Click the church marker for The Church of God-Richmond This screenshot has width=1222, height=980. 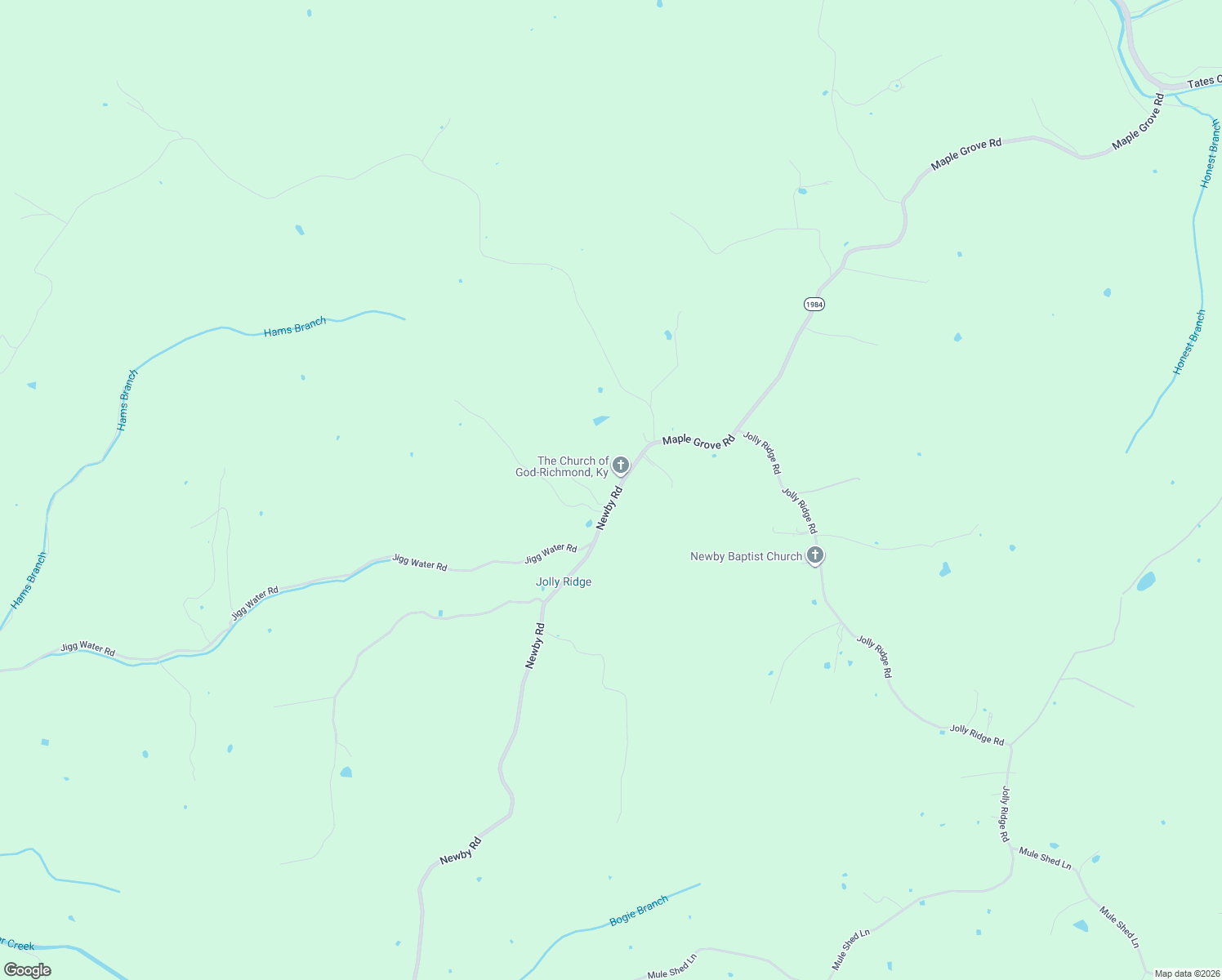pyautogui.click(x=620, y=465)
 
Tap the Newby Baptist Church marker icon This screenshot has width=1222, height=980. pyautogui.click(x=814, y=555)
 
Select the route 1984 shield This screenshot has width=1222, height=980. pyautogui.click(x=814, y=304)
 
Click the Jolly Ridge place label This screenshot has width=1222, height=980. pyautogui.click(x=564, y=582)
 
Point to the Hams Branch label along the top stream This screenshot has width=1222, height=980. pyautogui.click(x=295, y=327)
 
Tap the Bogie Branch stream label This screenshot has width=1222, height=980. pyautogui.click(x=639, y=911)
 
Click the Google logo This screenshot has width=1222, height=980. pyautogui.click(x=27, y=970)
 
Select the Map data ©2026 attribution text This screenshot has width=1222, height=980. pyautogui.click(x=1187, y=973)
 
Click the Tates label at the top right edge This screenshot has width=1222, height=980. pyautogui.click(x=1203, y=82)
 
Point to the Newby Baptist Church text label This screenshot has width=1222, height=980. pyautogui.click(x=746, y=557)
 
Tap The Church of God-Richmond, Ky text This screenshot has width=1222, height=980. pyautogui.click(x=562, y=467)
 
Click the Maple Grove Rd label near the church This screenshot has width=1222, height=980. pyautogui.click(x=698, y=442)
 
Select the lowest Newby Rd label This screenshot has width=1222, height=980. pyautogui.click(x=461, y=850)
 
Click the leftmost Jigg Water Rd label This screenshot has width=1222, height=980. pyautogui.click(x=87, y=649)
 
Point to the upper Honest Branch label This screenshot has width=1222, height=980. pyautogui.click(x=1210, y=154)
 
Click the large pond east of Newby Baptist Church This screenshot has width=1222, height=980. pyautogui.click(x=945, y=569)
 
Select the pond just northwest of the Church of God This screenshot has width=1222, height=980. pyautogui.click(x=600, y=421)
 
